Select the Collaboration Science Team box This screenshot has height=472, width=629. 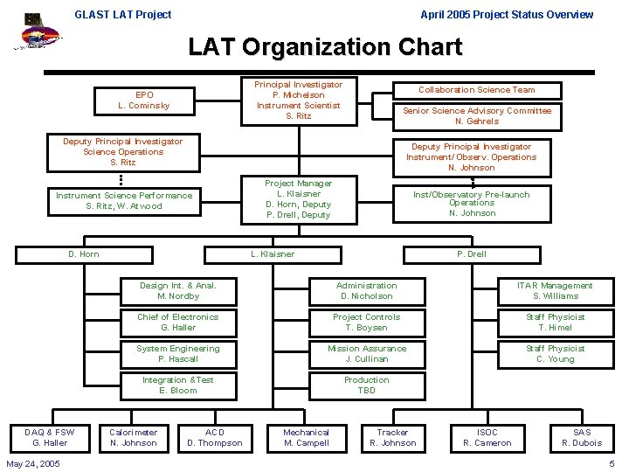(x=476, y=90)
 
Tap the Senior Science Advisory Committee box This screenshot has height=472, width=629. (x=476, y=115)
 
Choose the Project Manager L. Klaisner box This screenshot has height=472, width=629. (x=298, y=199)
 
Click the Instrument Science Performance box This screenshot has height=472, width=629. (x=124, y=200)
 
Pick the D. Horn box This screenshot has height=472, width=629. (x=84, y=254)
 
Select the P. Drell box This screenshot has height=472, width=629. (x=471, y=254)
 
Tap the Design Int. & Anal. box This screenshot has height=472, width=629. (x=177, y=291)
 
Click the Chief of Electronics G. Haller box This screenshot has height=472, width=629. (x=177, y=323)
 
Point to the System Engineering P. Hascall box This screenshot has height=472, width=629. (x=177, y=354)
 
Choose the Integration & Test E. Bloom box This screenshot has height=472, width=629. (x=177, y=385)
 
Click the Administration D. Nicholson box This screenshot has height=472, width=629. (x=366, y=291)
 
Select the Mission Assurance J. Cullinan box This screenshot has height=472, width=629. (x=366, y=354)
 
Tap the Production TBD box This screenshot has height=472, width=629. (x=366, y=385)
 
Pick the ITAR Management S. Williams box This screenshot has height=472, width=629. (x=555, y=291)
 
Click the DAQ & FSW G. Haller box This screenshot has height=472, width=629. (x=50, y=437)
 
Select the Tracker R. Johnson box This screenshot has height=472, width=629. (x=392, y=437)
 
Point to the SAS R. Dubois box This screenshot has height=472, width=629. (x=582, y=437)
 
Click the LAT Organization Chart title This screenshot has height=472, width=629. (x=325, y=47)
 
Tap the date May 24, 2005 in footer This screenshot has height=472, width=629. (x=33, y=463)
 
